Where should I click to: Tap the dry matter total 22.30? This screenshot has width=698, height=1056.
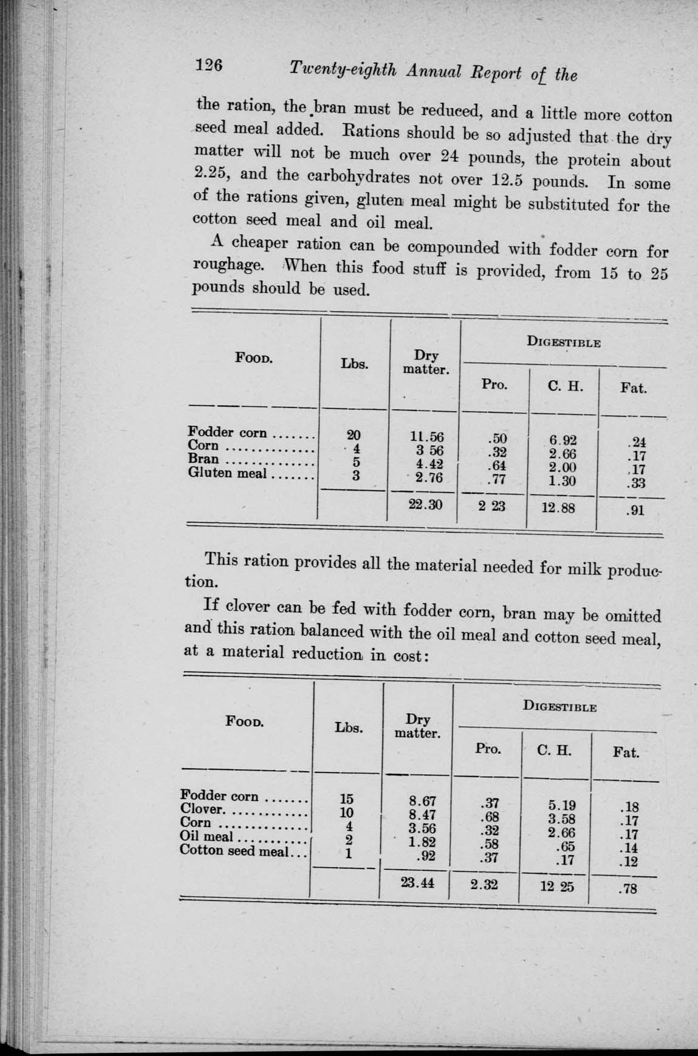pyautogui.click(x=425, y=504)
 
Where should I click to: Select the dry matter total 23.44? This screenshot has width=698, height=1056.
pyautogui.click(x=417, y=883)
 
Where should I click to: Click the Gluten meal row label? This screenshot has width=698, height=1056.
pyautogui.click(x=228, y=472)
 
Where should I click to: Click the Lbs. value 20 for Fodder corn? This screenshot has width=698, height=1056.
pyautogui.click(x=354, y=435)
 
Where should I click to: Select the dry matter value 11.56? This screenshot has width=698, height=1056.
pyautogui.click(x=426, y=437)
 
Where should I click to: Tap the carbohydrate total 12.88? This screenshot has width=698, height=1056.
pyautogui.click(x=558, y=507)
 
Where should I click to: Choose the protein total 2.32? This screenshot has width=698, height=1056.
pyautogui.click(x=484, y=885)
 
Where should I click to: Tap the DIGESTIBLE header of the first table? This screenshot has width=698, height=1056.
pyautogui.click(x=564, y=342)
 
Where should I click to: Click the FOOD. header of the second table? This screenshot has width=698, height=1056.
pyautogui.click(x=244, y=722)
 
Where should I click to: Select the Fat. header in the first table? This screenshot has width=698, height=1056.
pyautogui.click(x=634, y=387)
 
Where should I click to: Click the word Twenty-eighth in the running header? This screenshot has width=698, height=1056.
pyautogui.click(x=344, y=70)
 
